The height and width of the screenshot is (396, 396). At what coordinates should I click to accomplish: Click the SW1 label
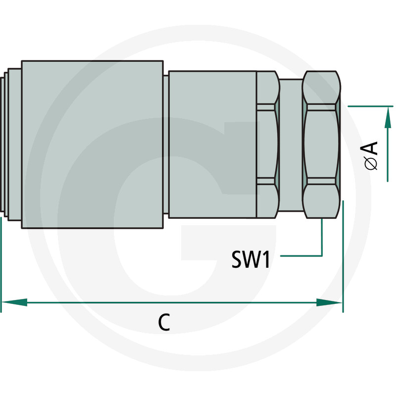click(250, 259)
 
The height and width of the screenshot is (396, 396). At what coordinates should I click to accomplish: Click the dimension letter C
click(164, 322)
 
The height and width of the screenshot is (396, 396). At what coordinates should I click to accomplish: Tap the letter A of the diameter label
click(370, 148)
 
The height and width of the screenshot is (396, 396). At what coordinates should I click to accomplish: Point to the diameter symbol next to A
click(371, 163)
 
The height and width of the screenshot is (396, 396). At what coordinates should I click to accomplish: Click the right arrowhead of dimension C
click(329, 302)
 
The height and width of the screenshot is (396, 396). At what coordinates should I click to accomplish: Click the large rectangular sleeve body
click(93, 145)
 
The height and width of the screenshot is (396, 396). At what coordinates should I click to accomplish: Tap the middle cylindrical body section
click(213, 145)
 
